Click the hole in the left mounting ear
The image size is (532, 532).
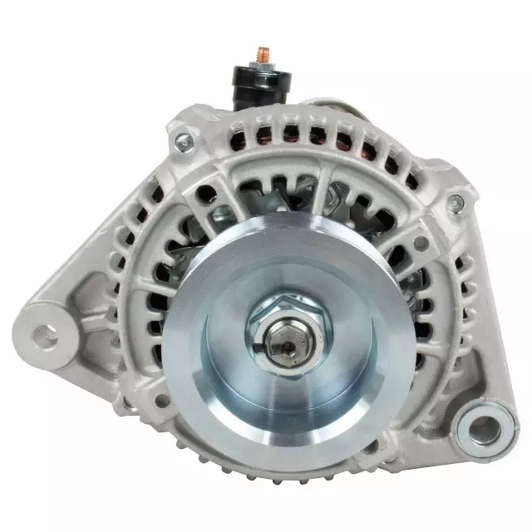pyautogui.click(x=45, y=337)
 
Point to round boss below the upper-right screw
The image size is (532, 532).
pyautogui.click(x=421, y=243)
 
